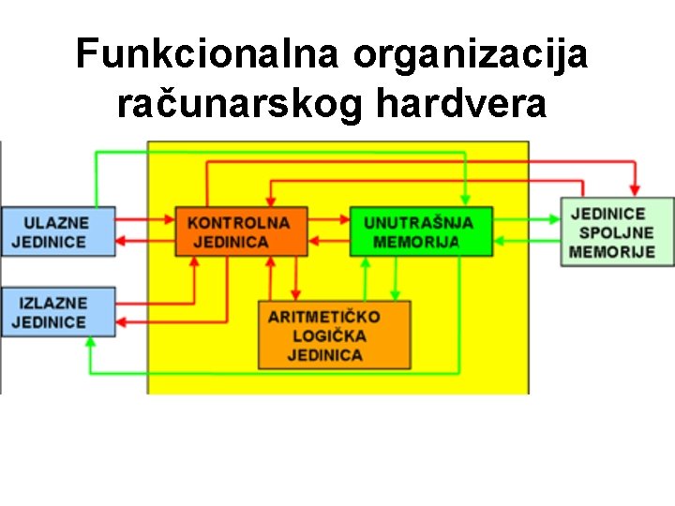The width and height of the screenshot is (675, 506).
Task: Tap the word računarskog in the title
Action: coord(239,105)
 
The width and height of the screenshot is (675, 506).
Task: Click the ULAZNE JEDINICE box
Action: coord(57,231)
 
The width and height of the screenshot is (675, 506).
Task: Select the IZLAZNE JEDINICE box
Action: coord(57,312)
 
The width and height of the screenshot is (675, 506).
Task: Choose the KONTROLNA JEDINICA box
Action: coord(241,231)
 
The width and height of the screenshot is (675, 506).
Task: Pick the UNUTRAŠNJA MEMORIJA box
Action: coord(421,231)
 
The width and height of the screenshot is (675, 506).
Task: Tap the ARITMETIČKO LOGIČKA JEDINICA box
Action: coord(335,335)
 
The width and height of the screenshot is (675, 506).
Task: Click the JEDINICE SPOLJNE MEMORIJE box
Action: coord(616,231)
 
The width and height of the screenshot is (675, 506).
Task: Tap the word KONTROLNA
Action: coord(238,223)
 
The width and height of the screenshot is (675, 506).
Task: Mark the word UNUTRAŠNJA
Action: coord(418,223)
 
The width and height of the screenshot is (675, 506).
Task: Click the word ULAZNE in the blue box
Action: coord(56,223)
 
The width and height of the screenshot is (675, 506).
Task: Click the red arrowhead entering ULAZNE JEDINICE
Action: coord(122,241)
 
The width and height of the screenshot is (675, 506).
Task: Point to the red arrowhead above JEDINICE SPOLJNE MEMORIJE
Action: coord(635,191)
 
